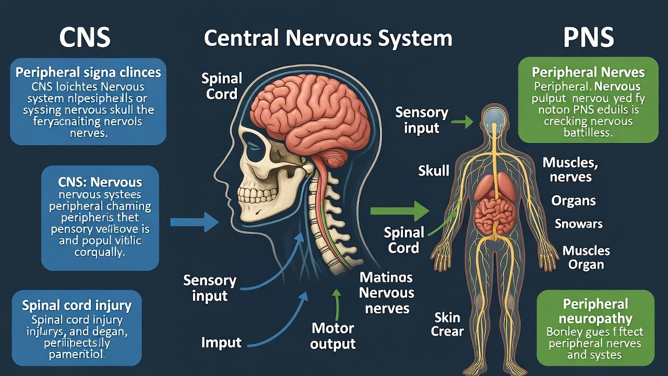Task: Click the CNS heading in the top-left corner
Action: click(x=85, y=38)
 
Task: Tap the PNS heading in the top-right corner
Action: click(x=588, y=38)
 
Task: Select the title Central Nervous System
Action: click(x=328, y=38)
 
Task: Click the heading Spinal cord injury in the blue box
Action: click(x=77, y=305)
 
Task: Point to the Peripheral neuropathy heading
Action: click(x=595, y=311)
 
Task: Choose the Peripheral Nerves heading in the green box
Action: click(x=588, y=73)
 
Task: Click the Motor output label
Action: click(x=332, y=336)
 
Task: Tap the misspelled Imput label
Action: click(x=221, y=343)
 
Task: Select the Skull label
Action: click(x=434, y=170)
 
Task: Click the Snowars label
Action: click(x=578, y=224)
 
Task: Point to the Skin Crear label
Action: click(x=447, y=324)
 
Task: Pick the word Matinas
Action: click(x=386, y=277)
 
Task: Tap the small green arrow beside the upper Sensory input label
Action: click(x=461, y=122)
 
